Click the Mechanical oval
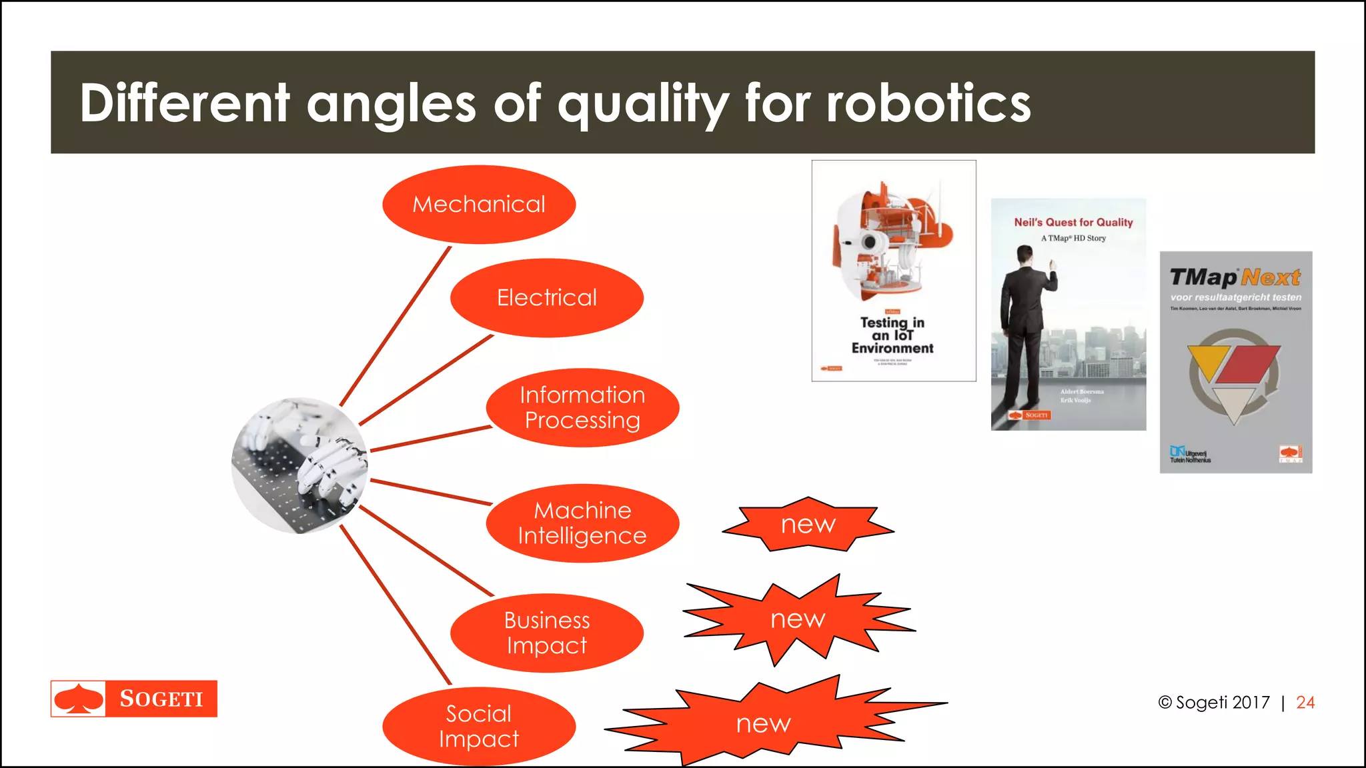point(479,204)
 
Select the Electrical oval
point(547,297)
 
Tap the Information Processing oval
point(582,407)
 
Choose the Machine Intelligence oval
point(582,523)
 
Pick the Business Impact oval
point(547,633)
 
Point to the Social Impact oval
point(479,726)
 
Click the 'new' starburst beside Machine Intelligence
point(808,525)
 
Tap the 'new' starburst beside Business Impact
point(798,619)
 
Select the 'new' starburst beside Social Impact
point(764,723)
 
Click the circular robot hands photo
point(299,465)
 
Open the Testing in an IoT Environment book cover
point(894,271)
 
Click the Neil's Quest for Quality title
point(1073,223)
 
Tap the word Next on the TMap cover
point(1271,277)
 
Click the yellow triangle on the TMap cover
point(1207,363)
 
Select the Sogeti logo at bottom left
point(134,699)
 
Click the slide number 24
point(1305,703)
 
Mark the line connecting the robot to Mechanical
point(396,326)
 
